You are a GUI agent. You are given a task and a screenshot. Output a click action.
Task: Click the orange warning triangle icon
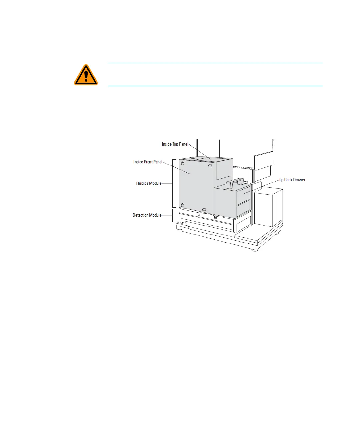(x=86, y=75)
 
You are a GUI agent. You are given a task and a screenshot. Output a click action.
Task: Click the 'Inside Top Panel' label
(x=175, y=144)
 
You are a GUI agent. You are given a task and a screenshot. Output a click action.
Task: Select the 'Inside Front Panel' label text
(x=148, y=162)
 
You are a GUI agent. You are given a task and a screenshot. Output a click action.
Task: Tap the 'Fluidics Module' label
(x=149, y=183)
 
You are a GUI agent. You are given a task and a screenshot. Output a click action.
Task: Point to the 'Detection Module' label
(x=147, y=215)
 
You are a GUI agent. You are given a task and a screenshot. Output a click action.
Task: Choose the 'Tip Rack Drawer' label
(x=292, y=180)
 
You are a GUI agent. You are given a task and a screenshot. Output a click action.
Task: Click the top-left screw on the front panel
(x=182, y=163)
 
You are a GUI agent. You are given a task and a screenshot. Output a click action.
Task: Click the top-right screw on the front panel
(x=210, y=166)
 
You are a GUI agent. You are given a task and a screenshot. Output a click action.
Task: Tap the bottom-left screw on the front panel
(x=182, y=205)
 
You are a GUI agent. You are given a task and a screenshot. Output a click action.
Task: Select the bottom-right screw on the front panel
(x=204, y=210)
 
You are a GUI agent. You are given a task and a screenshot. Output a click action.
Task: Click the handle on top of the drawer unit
(x=235, y=183)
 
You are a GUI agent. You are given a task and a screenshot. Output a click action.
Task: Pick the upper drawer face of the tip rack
(x=243, y=195)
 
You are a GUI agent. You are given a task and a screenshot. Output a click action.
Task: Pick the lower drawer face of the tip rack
(x=243, y=208)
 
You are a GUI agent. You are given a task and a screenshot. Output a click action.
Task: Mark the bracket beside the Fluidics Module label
(x=173, y=183)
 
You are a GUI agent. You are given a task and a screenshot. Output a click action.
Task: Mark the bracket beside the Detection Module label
(x=173, y=215)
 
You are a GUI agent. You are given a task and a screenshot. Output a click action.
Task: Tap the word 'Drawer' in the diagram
(x=299, y=180)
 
